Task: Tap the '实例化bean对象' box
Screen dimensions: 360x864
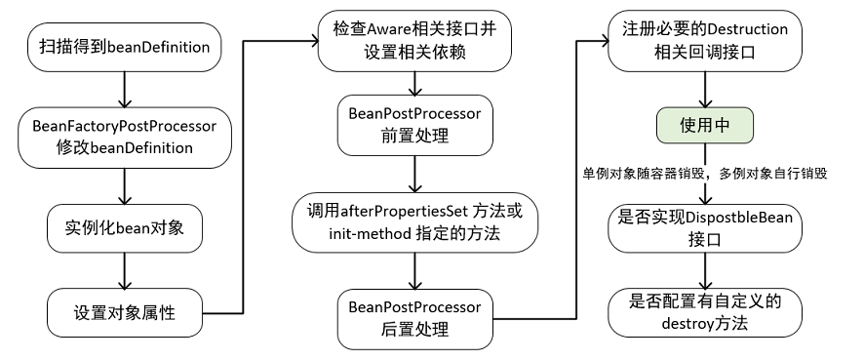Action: click(x=125, y=228)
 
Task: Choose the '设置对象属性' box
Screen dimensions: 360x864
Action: click(x=125, y=313)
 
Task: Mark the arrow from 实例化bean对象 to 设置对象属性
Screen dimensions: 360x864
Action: click(x=125, y=270)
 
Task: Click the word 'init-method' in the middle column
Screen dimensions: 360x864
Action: click(x=349, y=234)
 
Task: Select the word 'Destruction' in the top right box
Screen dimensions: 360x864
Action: click(x=746, y=30)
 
